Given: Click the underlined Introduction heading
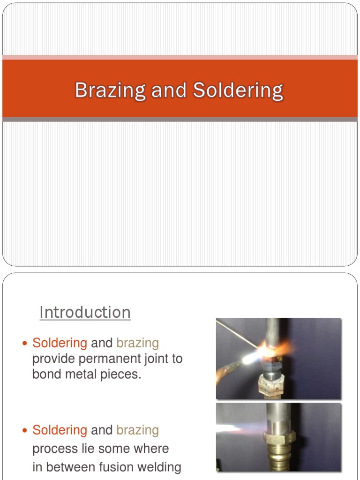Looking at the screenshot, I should (x=85, y=312).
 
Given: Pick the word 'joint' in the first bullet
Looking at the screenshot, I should (x=151, y=359).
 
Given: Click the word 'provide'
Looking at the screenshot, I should (x=50, y=359).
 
